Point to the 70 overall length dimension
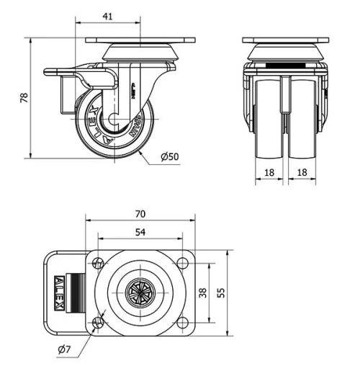pyautogui.click(x=140, y=213)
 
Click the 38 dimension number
pyautogui.click(x=202, y=293)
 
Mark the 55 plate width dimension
pyautogui.click(x=221, y=293)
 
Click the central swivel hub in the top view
pyautogui.click(x=140, y=293)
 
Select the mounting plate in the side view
pyautogui.click(x=140, y=40)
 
